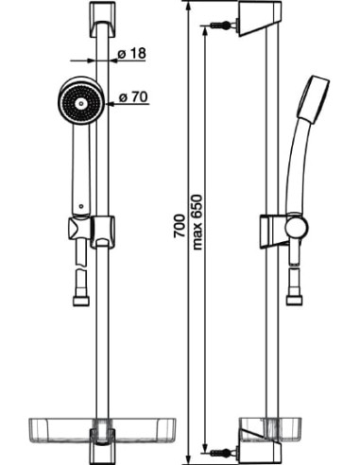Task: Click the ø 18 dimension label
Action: point(131,53)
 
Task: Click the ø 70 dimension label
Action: point(133,97)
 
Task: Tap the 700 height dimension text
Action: point(180,226)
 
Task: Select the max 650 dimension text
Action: point(197,222)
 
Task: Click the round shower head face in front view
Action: point(81,103)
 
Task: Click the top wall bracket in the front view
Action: point(102,20)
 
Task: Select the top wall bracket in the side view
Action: point(259,19)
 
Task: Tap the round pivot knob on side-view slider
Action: point(297,227)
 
